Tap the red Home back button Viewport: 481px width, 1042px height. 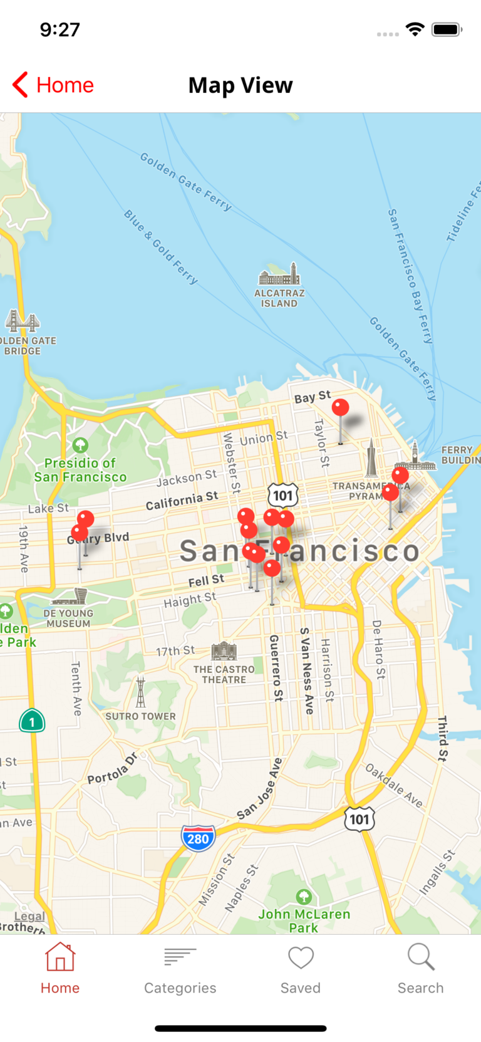point(53,85)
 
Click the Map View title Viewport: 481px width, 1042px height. point(240,85)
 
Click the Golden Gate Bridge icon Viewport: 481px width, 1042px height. point(23,321)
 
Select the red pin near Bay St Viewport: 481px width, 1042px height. point(340,408)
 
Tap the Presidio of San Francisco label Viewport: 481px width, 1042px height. point(80,470)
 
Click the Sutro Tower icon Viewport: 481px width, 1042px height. point(140,692)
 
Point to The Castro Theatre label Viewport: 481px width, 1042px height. point(224,674)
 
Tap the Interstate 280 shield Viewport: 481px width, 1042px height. point(198,838)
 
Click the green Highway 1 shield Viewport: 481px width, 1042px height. point(32,721)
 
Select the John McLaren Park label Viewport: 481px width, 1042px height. point(304,920)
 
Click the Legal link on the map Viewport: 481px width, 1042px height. point(29,916)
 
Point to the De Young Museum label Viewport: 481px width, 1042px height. point(68,618)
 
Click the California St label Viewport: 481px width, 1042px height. point(182,500)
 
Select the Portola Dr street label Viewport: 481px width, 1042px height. point(112,769)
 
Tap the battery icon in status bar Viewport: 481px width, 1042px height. point(447,29)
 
